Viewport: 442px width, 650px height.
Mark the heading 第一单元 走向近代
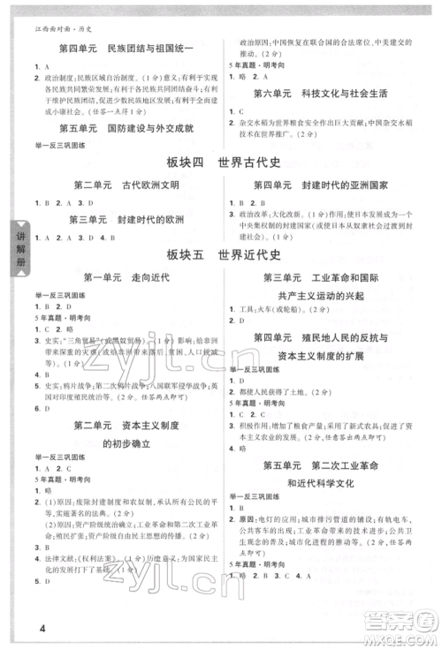point(120,279)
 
